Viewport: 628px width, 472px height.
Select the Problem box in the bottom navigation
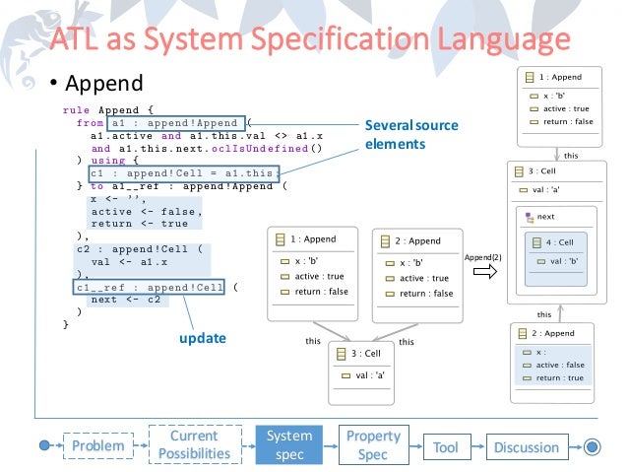(x=97, y=446)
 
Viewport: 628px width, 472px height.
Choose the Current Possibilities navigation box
(x=194, y=445)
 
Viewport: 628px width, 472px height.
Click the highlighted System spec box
(x=289, y=445)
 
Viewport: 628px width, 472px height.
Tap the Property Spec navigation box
(x=373, y=445)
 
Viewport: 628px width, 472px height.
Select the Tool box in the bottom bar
(x=446, y=446)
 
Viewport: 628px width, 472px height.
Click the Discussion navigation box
(x=527, y=446)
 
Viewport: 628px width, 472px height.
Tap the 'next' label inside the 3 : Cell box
(x=545, y=216)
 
